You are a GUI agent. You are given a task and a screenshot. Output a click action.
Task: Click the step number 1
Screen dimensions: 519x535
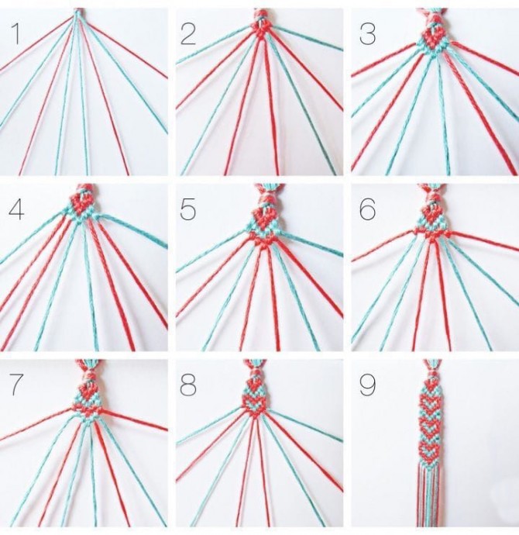[15, 34]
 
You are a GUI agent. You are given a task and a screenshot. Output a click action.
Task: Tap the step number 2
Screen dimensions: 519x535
[188, 34]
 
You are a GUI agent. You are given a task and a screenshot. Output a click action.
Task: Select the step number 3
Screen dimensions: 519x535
[367, 34]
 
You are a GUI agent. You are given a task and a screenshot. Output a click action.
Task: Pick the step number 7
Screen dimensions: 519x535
[15, 385]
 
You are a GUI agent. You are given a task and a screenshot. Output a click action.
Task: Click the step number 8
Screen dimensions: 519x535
[188, 385]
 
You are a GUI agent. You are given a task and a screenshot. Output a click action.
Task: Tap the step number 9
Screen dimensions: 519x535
[368, 385]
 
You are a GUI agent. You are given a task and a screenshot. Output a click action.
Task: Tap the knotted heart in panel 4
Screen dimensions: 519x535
[82, 203]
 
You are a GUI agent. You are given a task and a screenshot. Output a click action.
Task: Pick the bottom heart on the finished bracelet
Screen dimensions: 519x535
[429, 452]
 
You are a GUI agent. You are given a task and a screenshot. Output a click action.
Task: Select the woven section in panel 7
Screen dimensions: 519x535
[87, 402]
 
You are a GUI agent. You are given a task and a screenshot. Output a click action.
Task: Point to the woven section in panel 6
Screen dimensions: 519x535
[433, 223]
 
